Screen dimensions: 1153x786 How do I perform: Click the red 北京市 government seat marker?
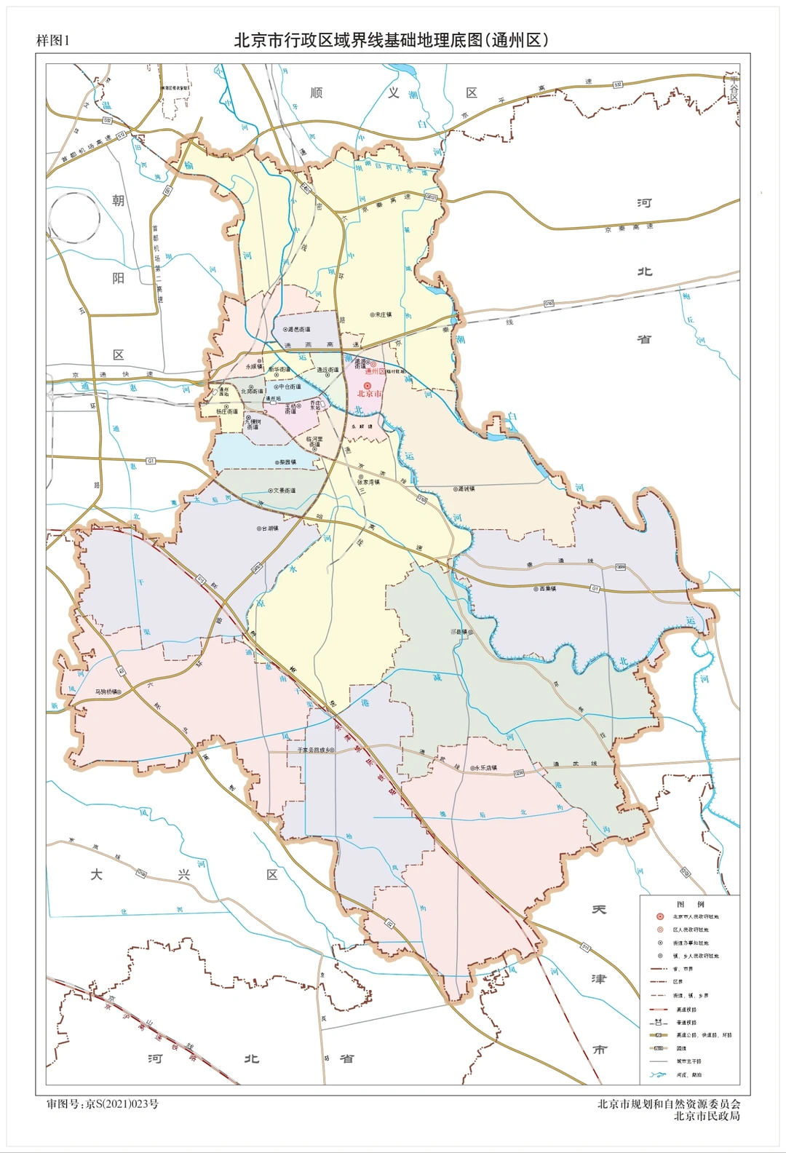(x=368, y=385)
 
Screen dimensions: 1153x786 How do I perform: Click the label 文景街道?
(x=285, y=491)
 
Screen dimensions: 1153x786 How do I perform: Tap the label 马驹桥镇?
(x=106, y=692)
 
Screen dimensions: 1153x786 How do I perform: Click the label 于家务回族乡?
(x=314, y=750)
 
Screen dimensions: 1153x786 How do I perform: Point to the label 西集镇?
(x=547, y=588)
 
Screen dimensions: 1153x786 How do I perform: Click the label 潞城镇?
(x=466, y=489)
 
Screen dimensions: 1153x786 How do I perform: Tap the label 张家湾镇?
(x=368, y=482)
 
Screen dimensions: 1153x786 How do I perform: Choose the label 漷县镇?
(x=460, y=632)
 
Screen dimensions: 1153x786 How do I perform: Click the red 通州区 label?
(x=374, y=371)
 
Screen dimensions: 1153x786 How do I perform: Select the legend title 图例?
(x=690, y=904)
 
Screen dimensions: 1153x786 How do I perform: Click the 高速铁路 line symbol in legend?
(x=659, y=1009)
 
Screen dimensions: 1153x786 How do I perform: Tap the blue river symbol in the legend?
(x=659, y=1074)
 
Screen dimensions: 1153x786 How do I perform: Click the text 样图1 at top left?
(x=52, y=41)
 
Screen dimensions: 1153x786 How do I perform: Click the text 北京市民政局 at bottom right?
(x=706, y=1116)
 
